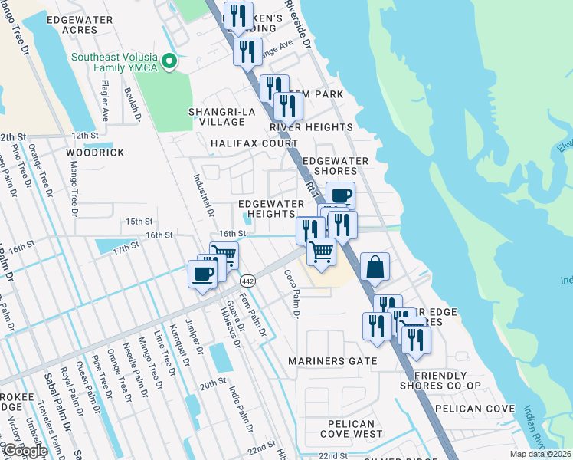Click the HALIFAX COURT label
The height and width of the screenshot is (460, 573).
[x=254, y=143]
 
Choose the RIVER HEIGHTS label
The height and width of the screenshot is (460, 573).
[x=311, y=127]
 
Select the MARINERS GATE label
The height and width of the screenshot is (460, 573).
[x=332, y=360]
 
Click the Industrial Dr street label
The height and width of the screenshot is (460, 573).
[x=203, y=189]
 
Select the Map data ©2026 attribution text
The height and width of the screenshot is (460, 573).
[x=540, y=454]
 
